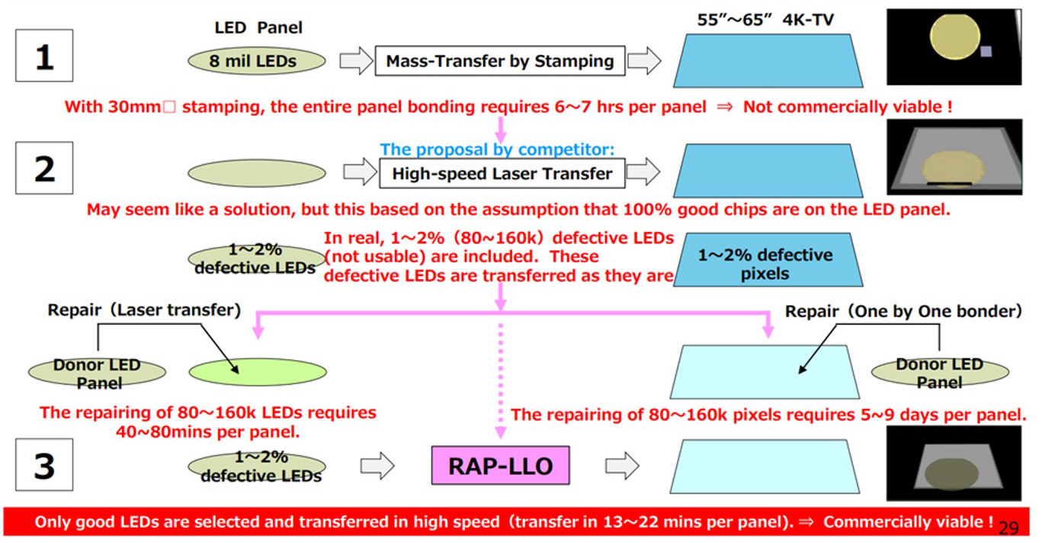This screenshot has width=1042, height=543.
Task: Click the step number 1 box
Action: click(44, 56)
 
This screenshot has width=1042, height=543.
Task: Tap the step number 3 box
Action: click(44, 464)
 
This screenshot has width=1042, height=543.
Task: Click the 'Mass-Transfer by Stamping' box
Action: click(499, 61)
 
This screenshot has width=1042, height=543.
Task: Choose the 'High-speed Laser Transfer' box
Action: click(502, 173)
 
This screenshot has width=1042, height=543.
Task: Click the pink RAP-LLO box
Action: click(500, 465)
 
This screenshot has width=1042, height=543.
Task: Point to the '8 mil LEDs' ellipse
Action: click(256, 62)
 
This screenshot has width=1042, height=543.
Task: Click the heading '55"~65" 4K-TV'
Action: click(765, 21)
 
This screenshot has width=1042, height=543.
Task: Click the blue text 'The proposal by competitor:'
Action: click(497, 149)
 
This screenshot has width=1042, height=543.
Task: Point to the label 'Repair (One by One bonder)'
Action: click(903, 311)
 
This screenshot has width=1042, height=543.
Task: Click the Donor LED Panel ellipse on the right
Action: click(939, 372)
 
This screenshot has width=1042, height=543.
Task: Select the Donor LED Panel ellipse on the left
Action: click(98, 372)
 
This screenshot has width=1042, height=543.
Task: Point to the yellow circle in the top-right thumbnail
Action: click(954, 40)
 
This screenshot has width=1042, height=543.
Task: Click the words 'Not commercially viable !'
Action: click(847, 108)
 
